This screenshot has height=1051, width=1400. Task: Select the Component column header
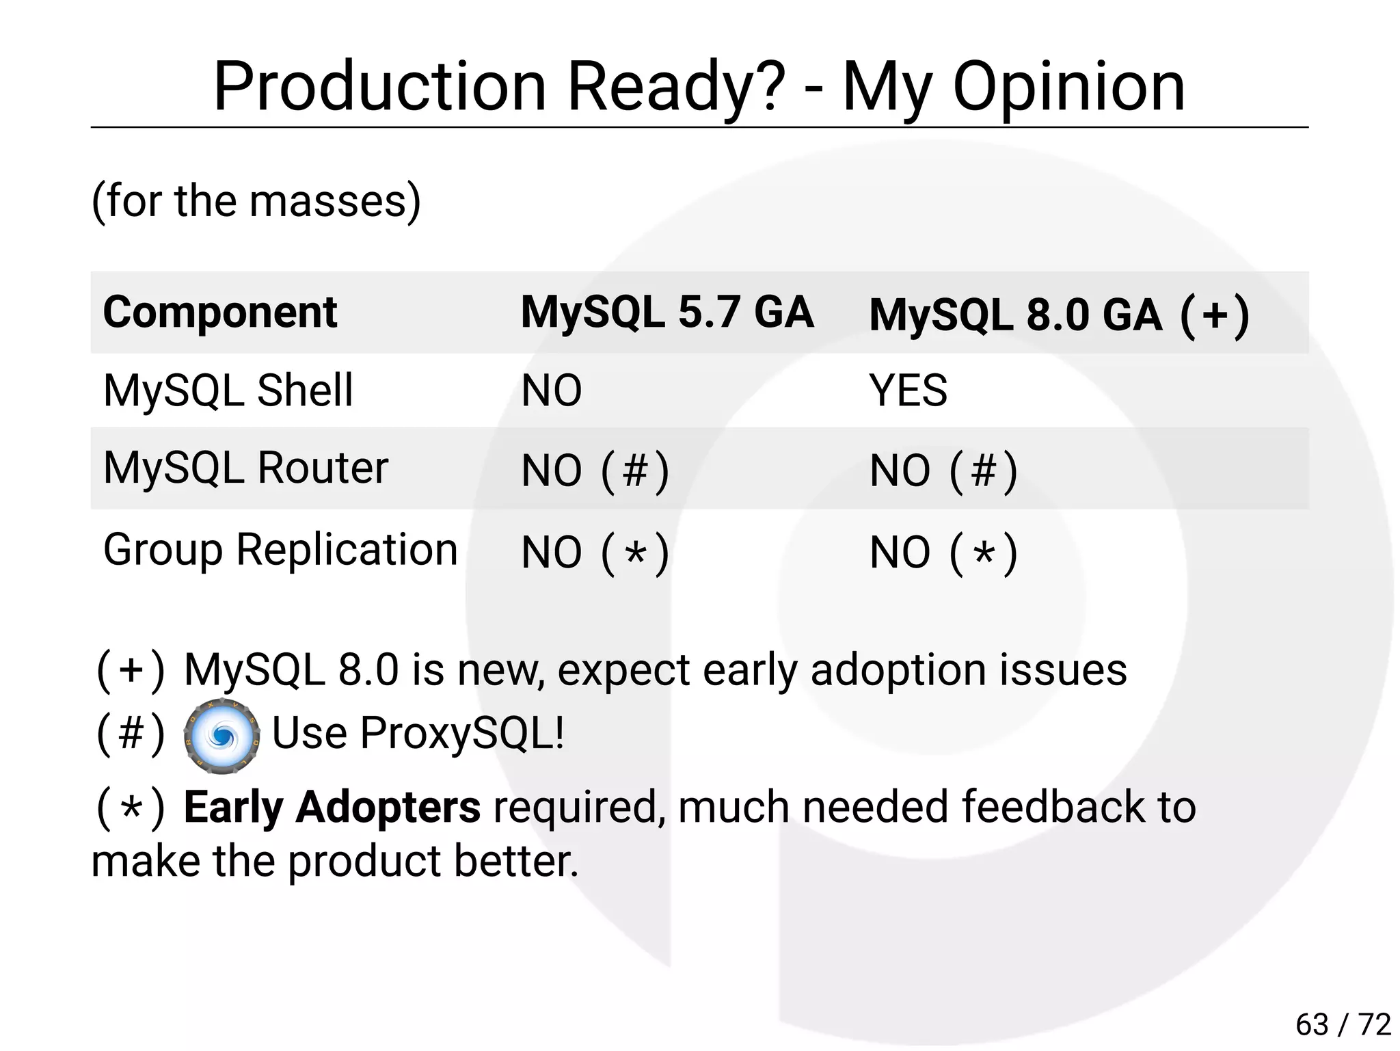[x=219, y=312]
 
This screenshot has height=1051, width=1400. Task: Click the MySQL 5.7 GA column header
[x=667, y=312]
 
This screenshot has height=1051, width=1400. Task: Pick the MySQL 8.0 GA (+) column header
[x=1059, y=315]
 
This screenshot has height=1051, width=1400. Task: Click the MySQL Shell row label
[x=228, y=390]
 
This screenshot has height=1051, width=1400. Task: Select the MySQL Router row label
[x=245, y=468]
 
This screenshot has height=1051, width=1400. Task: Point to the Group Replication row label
[x=280, y=550]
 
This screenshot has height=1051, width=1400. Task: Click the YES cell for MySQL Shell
[x=908, y=390]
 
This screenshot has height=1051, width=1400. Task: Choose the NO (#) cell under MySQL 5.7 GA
[x=595, y=471]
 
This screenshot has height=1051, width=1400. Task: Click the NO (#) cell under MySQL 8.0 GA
[x=943, y=471]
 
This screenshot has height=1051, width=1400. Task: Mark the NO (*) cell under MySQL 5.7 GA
[x=595, y=553]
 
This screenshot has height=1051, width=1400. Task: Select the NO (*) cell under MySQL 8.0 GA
[x=943, y=553]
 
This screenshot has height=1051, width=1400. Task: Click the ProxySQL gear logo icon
[x=221, y=736]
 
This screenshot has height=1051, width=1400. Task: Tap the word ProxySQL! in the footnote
[x=462, y=733]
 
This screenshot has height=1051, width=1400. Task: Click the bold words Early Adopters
[x=332, y=807]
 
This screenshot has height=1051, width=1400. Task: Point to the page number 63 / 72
[x=1343, y=1024]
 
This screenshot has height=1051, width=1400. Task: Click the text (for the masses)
[x=256, y=201]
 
